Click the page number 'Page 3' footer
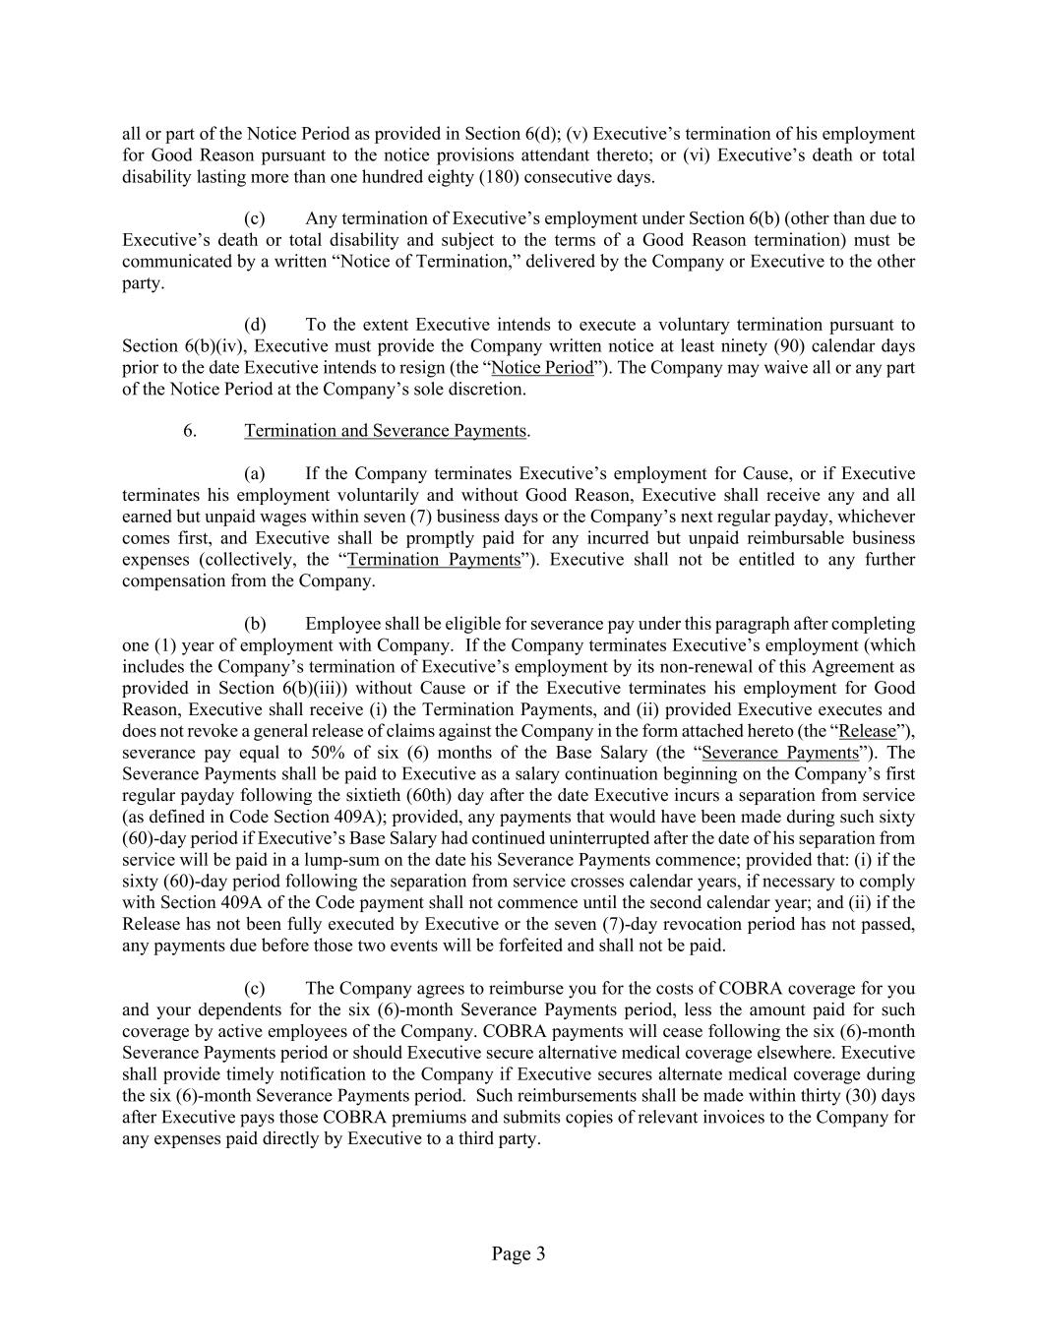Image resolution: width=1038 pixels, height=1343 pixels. [x=519, y=1253]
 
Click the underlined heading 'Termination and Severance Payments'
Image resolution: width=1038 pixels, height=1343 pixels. [x=386, y=431]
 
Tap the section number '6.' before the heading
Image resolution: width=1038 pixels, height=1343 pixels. [x=191, y=431]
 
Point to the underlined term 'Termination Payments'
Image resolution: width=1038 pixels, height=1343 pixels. [x=434, y=560]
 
